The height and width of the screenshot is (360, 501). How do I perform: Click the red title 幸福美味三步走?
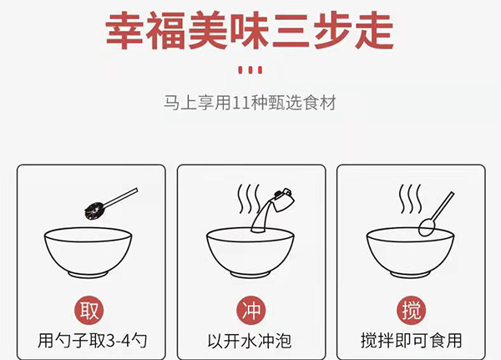click(250, 32)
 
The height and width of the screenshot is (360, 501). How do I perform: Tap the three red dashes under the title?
click(250, 68)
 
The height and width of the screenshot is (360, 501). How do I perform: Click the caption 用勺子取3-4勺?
click(89, 341)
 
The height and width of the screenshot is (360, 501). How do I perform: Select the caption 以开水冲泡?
click(250, 341)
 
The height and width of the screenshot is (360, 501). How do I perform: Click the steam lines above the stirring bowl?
click(409, 200)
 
